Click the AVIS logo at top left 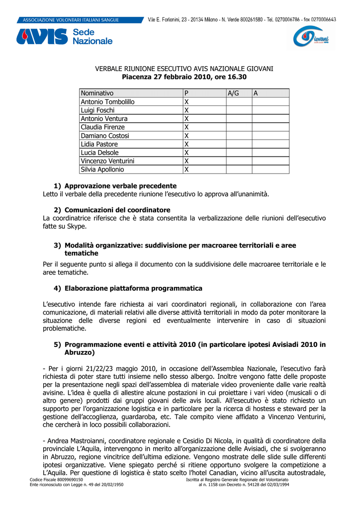(42, 36)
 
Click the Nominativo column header (97, 93)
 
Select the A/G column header (233, 93)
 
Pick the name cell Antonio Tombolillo (107, 102)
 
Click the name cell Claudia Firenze (103, 127)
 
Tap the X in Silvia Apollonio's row (186, 170)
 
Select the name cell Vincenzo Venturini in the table (107, 161)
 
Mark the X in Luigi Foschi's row (186, 110)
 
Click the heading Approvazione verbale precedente (120, 186)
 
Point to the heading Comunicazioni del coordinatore (117, 210)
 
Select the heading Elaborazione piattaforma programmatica (133, 288)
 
